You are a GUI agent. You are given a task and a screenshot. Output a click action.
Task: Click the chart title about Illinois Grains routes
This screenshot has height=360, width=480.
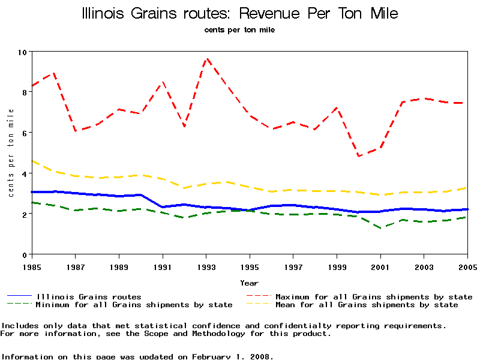[239, 13]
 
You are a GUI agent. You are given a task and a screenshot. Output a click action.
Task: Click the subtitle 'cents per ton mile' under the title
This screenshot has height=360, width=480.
[239, 30]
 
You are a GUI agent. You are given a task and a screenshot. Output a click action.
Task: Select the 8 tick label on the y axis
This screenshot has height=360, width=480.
[25, 92]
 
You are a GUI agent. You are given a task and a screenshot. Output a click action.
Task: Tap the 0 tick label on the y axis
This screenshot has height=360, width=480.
[25, 254]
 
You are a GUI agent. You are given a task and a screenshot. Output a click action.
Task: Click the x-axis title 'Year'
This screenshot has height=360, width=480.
[250, 283]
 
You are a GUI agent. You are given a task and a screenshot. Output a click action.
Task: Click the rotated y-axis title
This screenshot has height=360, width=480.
[11, 153]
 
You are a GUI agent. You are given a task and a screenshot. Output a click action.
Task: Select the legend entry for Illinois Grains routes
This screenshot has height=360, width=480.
[89, 296]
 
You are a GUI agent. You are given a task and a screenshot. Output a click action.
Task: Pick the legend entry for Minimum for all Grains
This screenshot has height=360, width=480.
[133, 305]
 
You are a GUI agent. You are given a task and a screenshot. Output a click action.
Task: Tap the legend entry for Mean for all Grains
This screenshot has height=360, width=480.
[366, 305]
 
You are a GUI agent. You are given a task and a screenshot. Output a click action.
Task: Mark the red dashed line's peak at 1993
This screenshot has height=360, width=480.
[206, 58]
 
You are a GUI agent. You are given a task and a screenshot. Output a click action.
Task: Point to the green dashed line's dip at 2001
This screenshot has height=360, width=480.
[380, 229]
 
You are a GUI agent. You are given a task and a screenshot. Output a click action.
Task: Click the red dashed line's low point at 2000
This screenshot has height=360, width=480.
[359, 156]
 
